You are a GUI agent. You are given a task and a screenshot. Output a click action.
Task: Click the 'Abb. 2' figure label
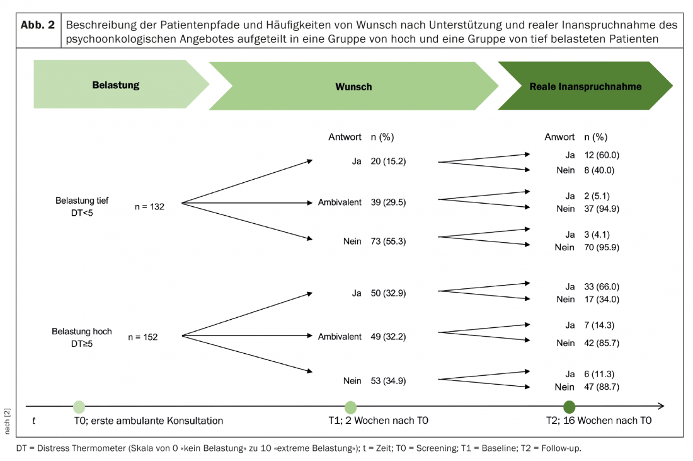pyautogui.click(x=38, y=25)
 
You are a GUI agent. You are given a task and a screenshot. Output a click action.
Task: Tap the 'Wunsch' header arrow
pyautogui.click(x=353, y=86)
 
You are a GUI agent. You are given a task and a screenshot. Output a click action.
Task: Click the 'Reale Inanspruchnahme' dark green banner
pyautogui.click(x=585, y=86)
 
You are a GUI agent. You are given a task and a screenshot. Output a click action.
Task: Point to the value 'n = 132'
pyautogui.click(x=149, y=207)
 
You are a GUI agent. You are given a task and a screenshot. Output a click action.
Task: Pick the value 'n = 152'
pyautogui.click(x=143, y=337)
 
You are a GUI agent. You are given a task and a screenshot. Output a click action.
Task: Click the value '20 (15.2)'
pyautogui.click(x=388, y=161)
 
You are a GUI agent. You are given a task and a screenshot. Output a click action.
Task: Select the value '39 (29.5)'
pyautogui.click(x=388, y=202)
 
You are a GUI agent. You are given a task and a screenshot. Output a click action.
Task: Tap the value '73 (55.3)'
pyautogui.click(x=388, y=241)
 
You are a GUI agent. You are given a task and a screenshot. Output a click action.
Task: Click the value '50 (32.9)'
pyautogui.click(x=388, y=293)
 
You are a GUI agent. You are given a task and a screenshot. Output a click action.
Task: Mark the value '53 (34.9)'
pyautogui.click(x=388, y=380)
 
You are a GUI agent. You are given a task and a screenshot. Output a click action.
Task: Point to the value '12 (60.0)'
pyautogui.click(x=602, y=155)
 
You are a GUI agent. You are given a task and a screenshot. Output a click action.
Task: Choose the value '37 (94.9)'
pyautogui.click(x=602, y=208)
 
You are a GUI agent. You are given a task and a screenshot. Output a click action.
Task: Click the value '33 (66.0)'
pyautogui.click(x=602, y=287)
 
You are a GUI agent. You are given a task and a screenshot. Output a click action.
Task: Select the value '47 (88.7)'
pyautogui.click(x=602, y=387)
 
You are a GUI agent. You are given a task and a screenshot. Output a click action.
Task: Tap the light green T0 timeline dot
pyautogui.click(x=79, y=407)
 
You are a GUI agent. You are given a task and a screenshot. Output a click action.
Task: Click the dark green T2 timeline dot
pyautogui.click(x=570, y=407)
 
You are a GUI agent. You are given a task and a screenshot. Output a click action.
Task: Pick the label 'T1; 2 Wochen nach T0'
pyautogui.click(x=379, y=420)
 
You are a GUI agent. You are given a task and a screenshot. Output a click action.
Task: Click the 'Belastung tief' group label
pyautogui.click(x=82, y=201)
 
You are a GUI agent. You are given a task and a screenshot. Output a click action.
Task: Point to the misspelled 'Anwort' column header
pyautogui.click(x=559, y=137)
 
